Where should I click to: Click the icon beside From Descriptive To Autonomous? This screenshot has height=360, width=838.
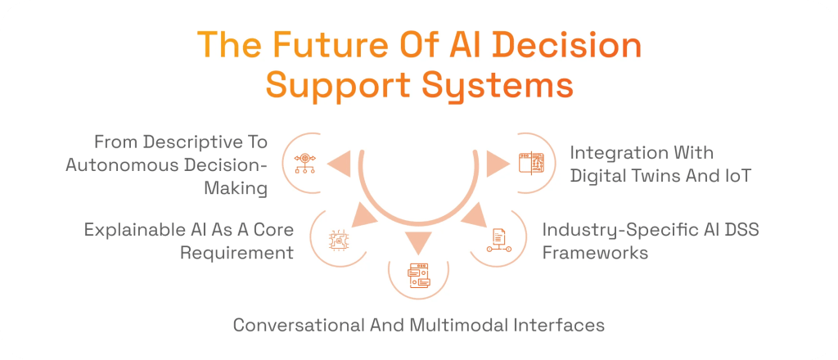(x=304, y=163)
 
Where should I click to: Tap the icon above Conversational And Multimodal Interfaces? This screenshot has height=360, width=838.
(x=419, y=273)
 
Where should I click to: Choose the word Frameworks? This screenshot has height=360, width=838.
(x=595, y=252)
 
